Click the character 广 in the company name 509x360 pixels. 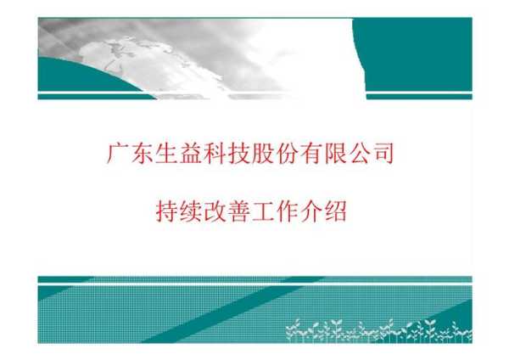coord(117,153)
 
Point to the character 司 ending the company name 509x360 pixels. coord(383,153)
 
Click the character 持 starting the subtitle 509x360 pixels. coord(166,211)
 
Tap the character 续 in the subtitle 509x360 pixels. coord(190,211)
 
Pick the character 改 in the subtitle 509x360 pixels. coord(215,211)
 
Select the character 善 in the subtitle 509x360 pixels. coord(238,211)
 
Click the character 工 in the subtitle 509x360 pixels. coord(263,211)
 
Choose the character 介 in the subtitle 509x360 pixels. coord(311,211)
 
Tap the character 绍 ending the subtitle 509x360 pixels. coord(336,211)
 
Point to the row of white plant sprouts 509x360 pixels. coord(379,331)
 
